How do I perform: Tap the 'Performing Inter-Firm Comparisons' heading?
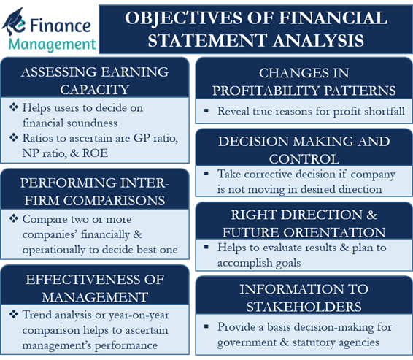click(x=96, y=188)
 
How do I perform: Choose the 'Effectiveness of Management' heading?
click(x=96, y=286)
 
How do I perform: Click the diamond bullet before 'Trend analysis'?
click(x=17, y=314)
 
